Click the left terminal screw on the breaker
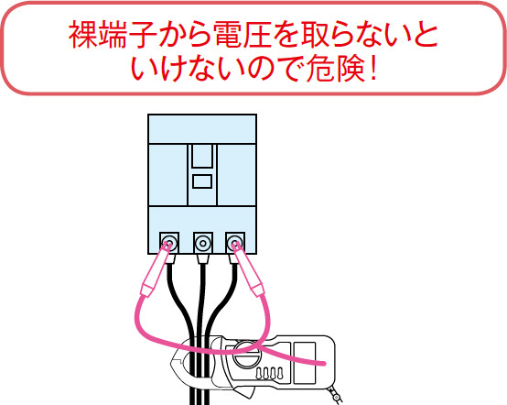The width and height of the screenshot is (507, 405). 169,243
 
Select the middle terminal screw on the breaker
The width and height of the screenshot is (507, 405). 203,243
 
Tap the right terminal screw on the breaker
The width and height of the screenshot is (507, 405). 235,243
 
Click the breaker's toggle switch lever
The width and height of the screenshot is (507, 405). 202,156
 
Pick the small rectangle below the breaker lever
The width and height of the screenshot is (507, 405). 202,181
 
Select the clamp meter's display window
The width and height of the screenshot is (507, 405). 304,363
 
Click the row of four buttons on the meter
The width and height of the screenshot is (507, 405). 269,373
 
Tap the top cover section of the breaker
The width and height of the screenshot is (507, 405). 202,128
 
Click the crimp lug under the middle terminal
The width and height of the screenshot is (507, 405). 203,258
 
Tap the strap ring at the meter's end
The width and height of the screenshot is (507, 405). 336,396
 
